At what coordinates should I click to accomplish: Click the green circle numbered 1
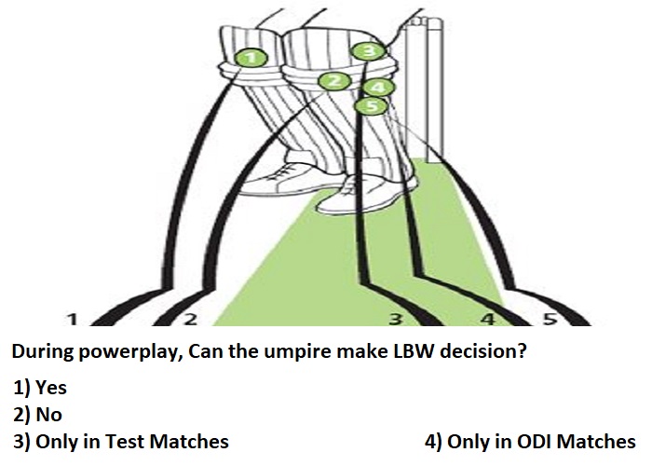tap(251, 58)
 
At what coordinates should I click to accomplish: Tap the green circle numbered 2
tap(335, 81)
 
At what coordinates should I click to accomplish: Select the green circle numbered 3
tap(369, 50)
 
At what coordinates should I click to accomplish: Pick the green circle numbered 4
tap(377, 88)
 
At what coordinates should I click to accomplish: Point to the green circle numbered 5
tap(372, 105)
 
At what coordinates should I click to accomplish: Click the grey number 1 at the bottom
tap(73, 320)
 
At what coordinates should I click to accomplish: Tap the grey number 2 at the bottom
tap(189, 320)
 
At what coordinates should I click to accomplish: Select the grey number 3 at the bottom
tap(396, 320)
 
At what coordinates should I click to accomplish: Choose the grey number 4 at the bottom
tap(489, 320)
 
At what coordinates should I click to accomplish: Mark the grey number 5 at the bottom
tap(550, 320)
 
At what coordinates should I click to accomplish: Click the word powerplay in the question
tap(130, 352)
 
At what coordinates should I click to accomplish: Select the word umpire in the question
tap(297, 353)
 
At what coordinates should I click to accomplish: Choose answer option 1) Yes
tap(40, 388)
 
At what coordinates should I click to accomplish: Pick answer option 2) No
tap(37, 415)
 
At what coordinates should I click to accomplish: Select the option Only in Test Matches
tap(120, 442)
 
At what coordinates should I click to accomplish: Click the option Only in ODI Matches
tap(530, 442)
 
